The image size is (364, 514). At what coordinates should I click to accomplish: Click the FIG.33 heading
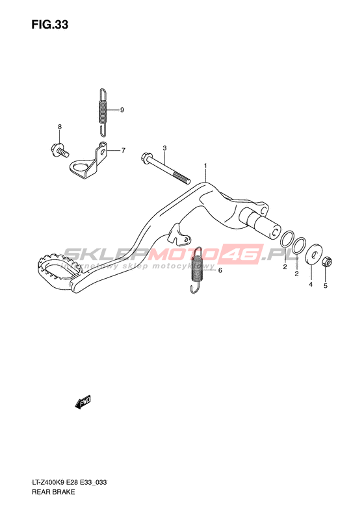pyautogui.click(x=50, y=25)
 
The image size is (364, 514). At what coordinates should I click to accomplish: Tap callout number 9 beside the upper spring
pyautogui.click(x=122, y=110)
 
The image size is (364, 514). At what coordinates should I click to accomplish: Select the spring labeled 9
pyautogui.click(x=103, y=112)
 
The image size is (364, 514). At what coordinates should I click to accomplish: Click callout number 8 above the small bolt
pyautogui.click(x=60, y=127)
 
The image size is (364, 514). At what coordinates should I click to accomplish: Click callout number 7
pyautogui.click(x=123, y=151)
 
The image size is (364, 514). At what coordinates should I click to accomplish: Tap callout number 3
pyautogui.click(x=164, y=148)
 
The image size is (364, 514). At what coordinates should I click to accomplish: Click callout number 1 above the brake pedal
pyautogui.click(x=205, y=166)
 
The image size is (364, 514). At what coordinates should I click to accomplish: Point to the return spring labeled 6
pyautogui.click(x=197, y=270)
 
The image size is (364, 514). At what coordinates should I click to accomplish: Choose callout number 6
pyautogui.click(x=220, y=270)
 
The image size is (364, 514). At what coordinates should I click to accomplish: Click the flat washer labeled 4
pyautogui.click(x=313, y=253)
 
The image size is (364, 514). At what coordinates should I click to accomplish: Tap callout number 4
pyautogui.click(x=311, y=285)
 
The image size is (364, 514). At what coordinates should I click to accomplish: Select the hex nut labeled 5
pyautogui.click(x=327, y=262)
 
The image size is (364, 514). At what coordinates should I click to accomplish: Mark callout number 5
pyautogui.click(x=325, y=286)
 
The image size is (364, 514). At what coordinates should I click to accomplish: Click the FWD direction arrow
pyautogui.click(x=83, y=402)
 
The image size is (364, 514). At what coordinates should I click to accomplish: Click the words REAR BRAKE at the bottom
pyautogui.click(x=53, y=492)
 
